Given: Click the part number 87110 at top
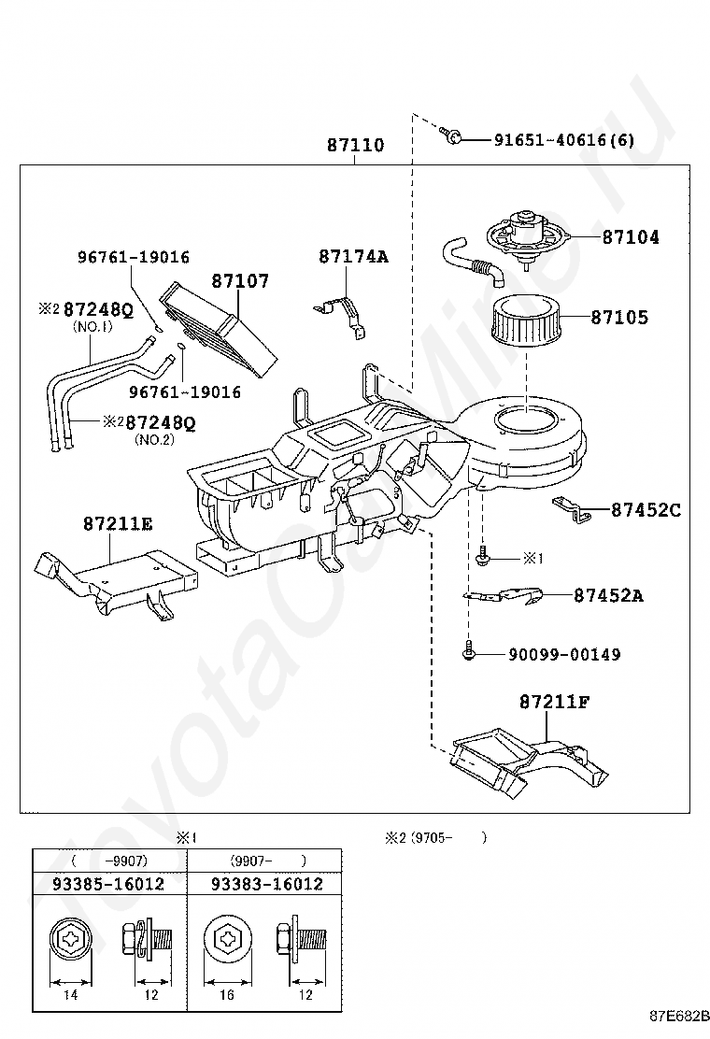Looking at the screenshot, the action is [356, 145].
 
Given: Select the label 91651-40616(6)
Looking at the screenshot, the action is [564, 140].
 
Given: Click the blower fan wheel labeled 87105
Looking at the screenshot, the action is [524, 319].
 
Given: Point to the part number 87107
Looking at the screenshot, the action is [240, 281].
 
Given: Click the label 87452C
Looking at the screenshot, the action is [646, 510].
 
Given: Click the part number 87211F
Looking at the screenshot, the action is [554, 701].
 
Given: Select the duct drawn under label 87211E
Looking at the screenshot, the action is [117, 581].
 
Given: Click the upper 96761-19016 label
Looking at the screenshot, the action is [134, 257].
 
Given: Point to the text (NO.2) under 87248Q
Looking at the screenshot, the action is [154, 439].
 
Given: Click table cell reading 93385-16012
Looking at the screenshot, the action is [108, 884].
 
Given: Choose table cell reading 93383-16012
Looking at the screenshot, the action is [267, 884].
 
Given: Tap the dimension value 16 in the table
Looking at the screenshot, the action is [226, 994].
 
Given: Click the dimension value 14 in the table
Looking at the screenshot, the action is [70, 994].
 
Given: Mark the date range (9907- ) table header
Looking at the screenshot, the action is [269, 861].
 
